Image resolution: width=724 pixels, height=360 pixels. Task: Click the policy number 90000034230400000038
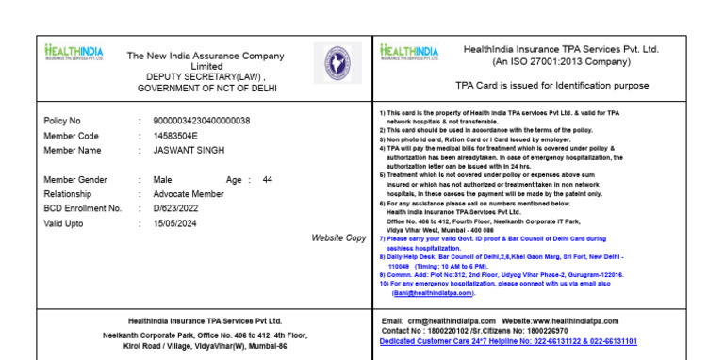201,121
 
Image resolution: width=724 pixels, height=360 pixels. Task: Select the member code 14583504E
175,136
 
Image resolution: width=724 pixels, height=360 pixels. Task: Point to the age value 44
268,180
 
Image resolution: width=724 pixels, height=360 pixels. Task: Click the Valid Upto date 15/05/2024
174,223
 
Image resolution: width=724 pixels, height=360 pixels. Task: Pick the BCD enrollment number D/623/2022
176,208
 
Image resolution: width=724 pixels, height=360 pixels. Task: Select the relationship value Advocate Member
189,194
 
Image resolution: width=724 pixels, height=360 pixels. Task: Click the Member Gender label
75,180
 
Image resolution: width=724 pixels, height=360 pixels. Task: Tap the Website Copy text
338,238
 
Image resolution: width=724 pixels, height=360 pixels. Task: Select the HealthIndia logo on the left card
74,53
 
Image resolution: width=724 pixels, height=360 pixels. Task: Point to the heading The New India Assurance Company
206,56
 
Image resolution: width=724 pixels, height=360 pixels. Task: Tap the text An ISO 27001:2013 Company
560,62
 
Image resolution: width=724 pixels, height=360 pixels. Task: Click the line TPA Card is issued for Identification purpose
551,86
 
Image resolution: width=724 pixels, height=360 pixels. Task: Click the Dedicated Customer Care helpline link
508,341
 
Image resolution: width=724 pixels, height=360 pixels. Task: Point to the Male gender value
162,180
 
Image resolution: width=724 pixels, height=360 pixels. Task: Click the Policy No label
62,121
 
